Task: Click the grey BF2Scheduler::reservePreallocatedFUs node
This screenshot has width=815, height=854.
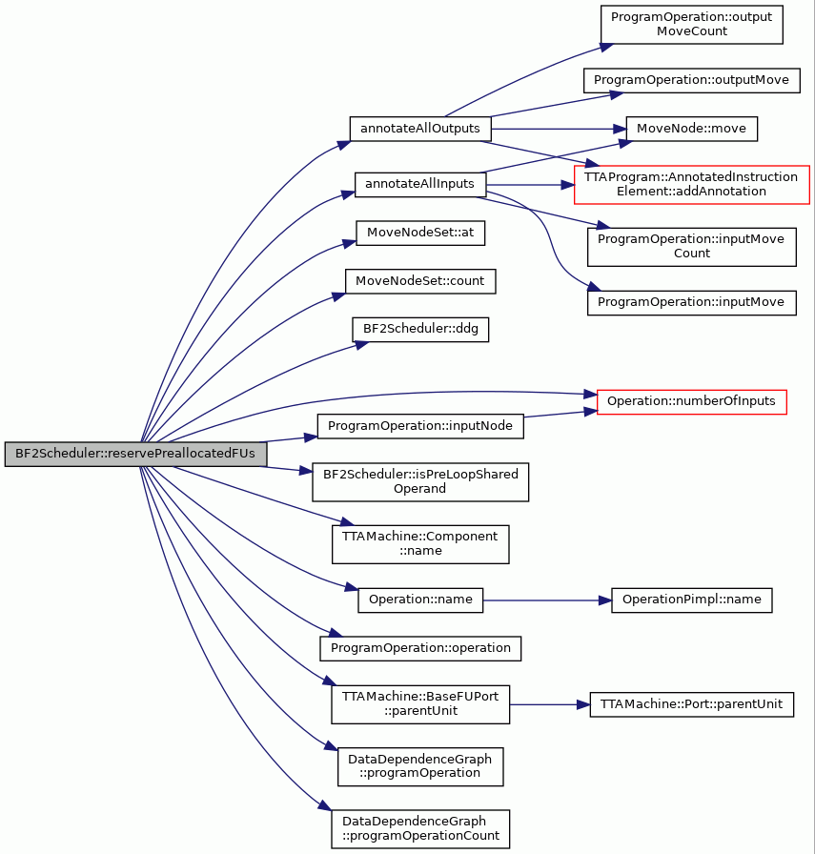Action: click(135, 455)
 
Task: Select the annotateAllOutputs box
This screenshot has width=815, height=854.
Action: click(420, 129)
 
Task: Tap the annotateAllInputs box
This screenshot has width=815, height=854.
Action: click(420, 185)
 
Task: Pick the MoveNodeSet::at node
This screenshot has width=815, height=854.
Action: click(420, 234)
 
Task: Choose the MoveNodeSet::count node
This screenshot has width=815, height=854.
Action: click(420, 281)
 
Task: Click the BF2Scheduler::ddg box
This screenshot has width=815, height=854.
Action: click(420, 330)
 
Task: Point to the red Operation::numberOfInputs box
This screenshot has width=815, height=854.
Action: click(691, 402)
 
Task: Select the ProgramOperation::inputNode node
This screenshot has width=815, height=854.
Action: click(420, 426)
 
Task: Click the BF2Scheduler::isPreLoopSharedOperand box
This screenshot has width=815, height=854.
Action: click(420, 482)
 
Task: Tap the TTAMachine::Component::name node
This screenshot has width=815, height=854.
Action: click(420, 544)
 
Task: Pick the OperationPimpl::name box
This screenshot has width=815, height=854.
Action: click(691, 600)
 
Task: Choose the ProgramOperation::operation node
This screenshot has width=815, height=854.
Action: click(420, 649)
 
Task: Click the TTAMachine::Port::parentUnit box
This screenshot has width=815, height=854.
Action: click(691, 704)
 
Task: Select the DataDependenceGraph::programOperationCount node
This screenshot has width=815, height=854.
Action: click(420, 829)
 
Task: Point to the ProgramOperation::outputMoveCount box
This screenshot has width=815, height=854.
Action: click(691, 25)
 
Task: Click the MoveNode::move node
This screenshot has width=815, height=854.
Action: click(691, 129)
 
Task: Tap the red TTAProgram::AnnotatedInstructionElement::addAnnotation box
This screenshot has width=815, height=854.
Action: click(691, 185)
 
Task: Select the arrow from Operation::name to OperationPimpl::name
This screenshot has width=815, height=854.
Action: click(547, 600)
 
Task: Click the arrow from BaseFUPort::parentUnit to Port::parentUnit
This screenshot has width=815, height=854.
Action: click(550, 704)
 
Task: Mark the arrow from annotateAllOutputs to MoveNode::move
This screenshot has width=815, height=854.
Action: click(559, 129)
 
